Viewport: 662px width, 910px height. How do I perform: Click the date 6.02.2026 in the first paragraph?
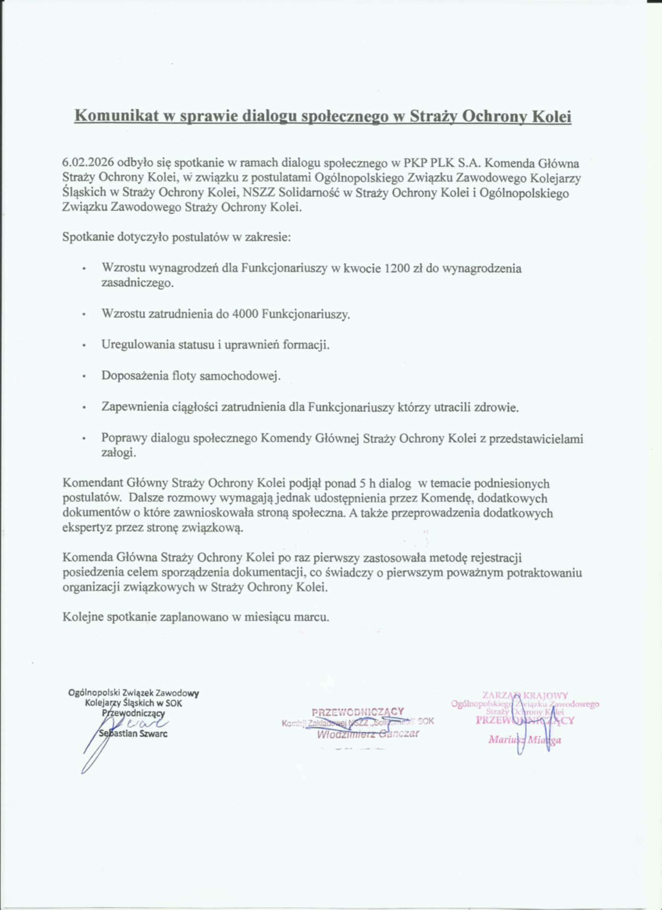point(88,163)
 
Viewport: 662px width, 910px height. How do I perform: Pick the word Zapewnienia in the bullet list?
point(134,407)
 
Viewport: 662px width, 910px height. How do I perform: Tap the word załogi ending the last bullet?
point(118,453)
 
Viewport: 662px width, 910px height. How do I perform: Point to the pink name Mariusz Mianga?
point(525,739)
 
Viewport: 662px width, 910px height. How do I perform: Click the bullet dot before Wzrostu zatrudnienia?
point(83,315)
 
